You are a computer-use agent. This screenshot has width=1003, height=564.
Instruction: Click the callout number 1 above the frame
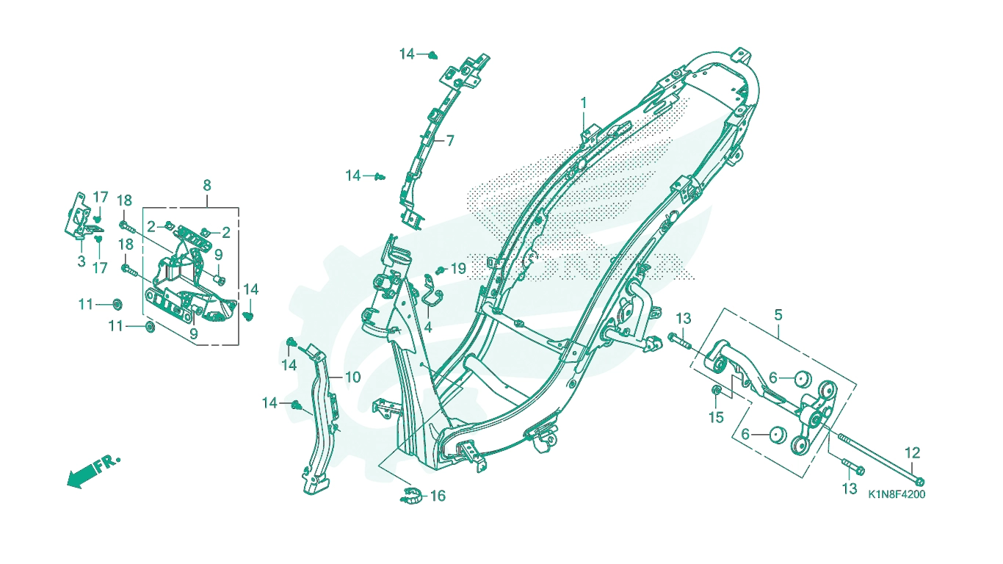tap(584, 103)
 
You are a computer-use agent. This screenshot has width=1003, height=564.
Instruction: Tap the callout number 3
tap(81, 261)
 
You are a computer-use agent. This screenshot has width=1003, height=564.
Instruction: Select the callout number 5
tap(778, 315)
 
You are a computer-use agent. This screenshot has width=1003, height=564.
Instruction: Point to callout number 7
tap(449, 141)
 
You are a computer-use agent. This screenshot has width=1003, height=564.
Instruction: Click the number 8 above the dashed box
tap(206, 185)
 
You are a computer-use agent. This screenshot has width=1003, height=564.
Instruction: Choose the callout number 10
tap(353, 377)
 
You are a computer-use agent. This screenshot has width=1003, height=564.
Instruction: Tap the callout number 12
tap(912, 453)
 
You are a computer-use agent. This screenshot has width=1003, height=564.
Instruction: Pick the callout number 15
tap(716, 418)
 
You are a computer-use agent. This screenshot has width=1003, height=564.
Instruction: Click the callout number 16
tap(438, 496)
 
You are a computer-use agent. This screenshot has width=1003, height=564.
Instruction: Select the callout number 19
tap(458, 269)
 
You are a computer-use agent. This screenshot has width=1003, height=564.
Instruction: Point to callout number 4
tap(427, 328)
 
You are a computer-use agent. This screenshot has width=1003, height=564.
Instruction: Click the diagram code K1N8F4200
tap(897, 494)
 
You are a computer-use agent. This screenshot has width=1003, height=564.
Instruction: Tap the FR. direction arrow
tap(93, 472)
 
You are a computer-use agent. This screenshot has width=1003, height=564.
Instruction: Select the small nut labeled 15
tap(716, 391)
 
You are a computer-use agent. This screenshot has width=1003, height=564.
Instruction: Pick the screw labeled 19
tap(441, 270)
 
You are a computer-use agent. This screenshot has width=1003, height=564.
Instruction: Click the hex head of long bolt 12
tap(920, 482)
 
